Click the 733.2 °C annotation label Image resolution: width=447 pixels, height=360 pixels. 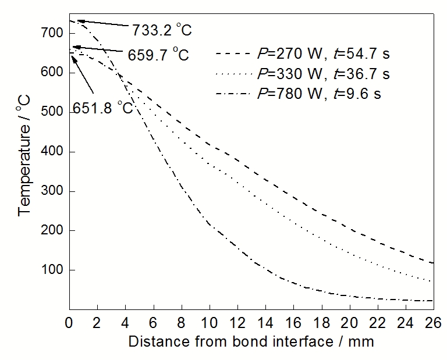162,29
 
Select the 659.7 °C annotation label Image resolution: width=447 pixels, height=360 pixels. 158,55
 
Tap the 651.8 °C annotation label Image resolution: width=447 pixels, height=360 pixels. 103,108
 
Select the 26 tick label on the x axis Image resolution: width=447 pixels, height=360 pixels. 433,321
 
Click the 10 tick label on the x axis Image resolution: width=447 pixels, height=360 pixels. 209,321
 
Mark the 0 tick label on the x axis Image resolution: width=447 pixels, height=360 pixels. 69,321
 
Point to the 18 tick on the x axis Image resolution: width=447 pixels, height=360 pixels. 321,321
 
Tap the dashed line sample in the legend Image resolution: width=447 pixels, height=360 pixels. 233,55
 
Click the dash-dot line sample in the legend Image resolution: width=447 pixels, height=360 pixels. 233,93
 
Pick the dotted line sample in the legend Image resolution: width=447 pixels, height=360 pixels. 233,74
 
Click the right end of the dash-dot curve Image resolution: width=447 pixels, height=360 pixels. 433,301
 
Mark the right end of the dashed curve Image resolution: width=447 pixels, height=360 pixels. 433,263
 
